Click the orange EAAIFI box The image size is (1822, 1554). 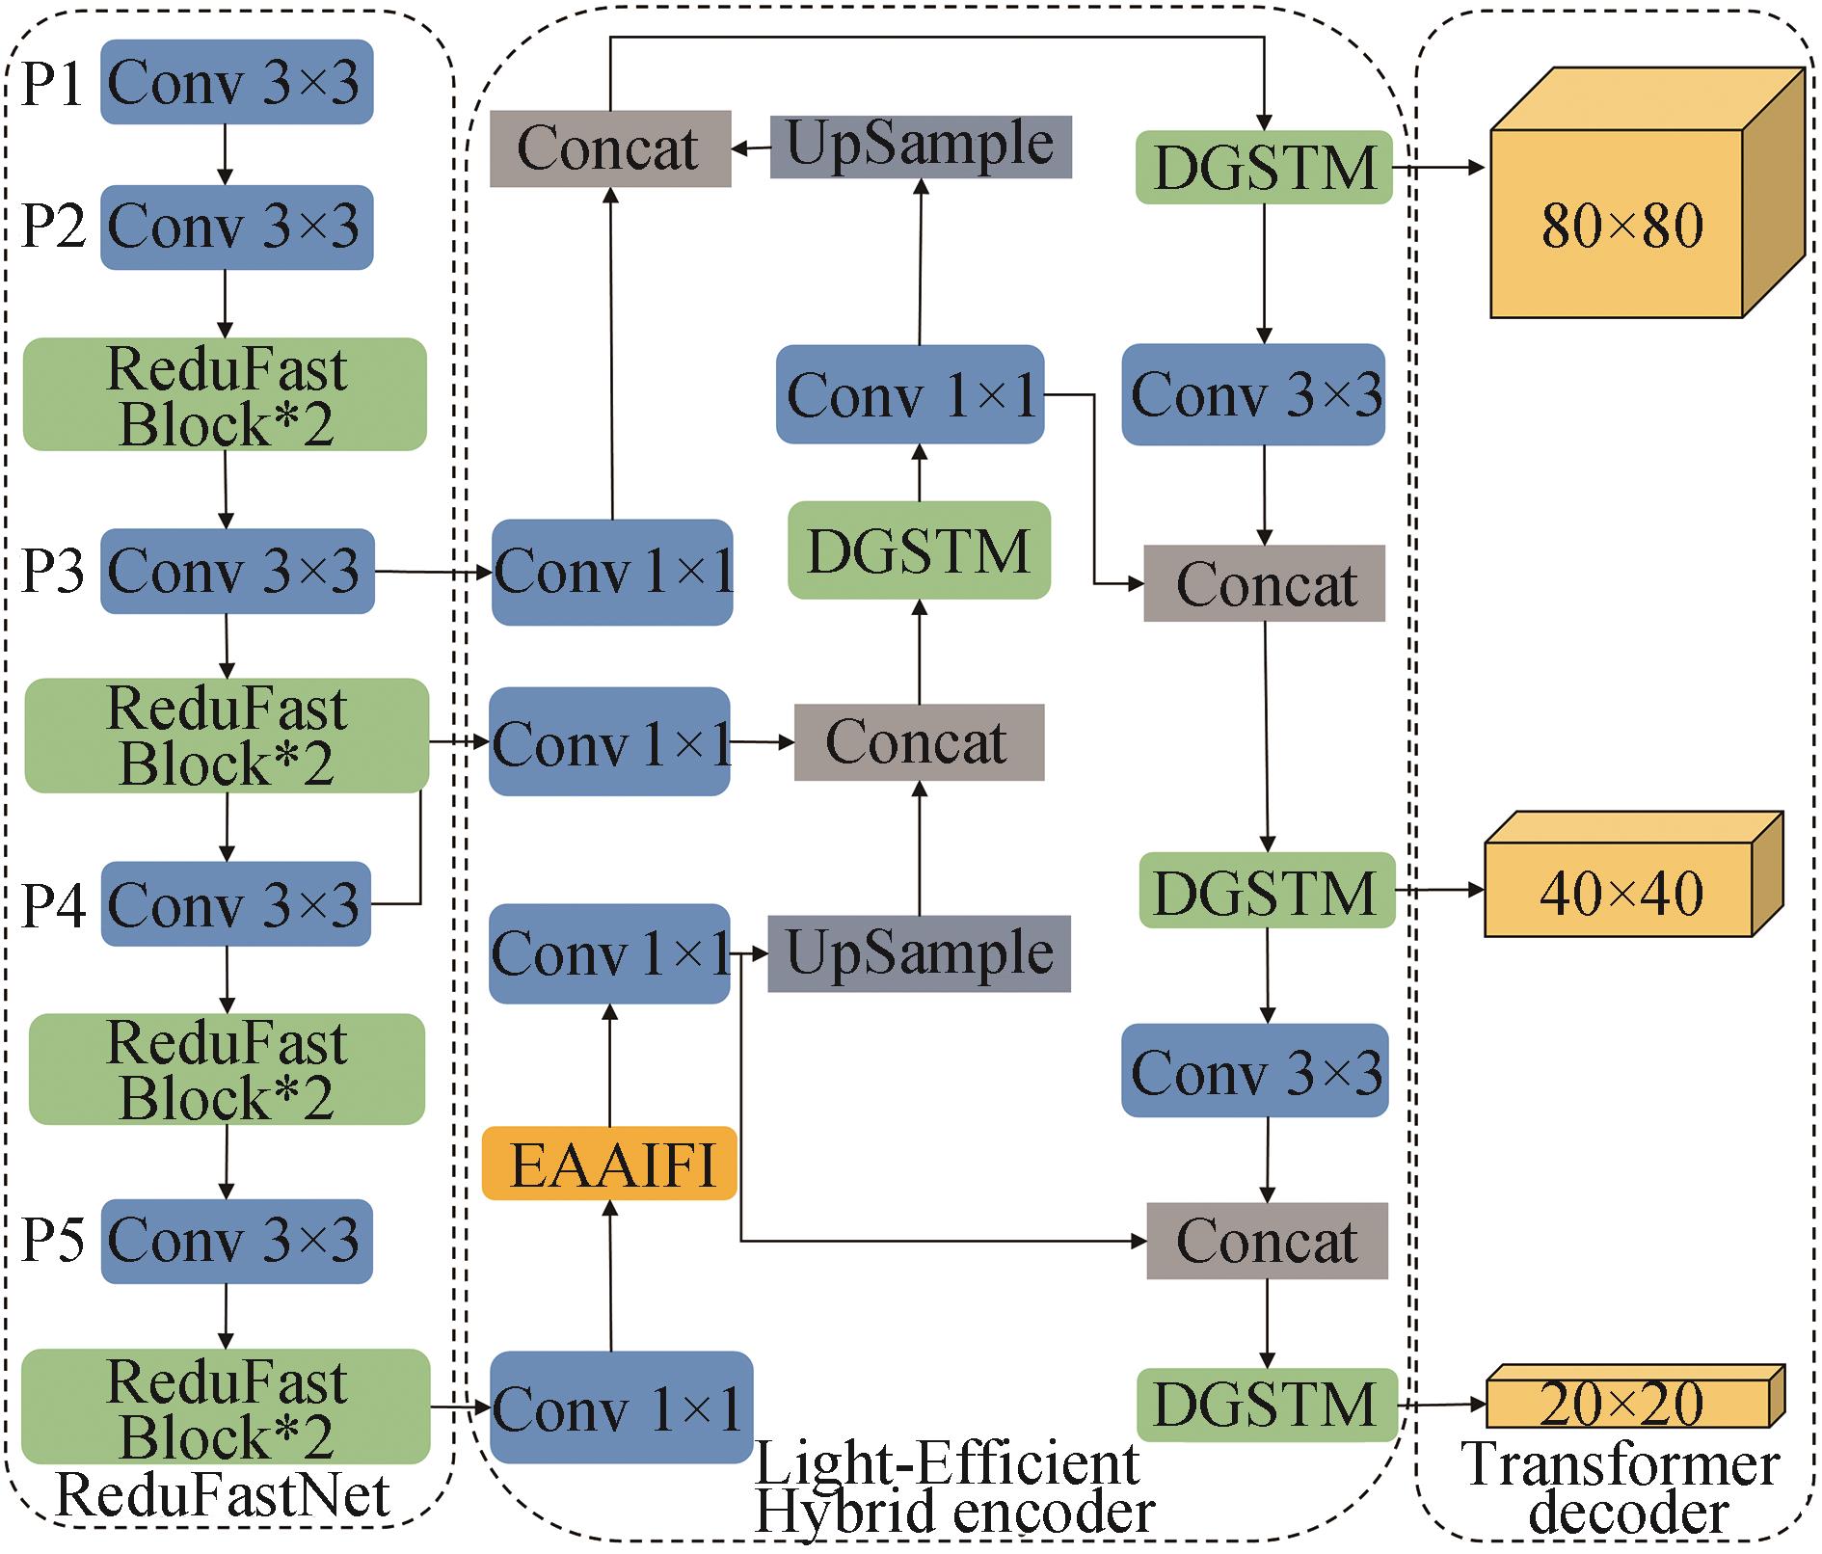pyautogui.click(x=609, y=1164)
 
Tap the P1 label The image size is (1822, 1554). pyautogui.click(x=53, y=83)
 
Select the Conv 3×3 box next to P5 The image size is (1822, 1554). pyautogui.click(x=236, y=1240)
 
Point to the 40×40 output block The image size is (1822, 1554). pyautogui.click(x=1620, y=892)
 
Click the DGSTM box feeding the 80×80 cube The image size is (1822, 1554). pyautogui.click(x=1264, y=168)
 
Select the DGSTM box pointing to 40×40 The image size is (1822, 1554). pyautogui.click(x=1267, y=891)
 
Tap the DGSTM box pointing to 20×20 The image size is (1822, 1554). pyautogui.click(x=1267, y=1404)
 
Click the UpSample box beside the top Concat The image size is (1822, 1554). pyautogui.click(x=920, y=147)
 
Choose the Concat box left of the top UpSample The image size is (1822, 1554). pyautogui.click(x=609, y=148)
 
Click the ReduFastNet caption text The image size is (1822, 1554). pyautogui.click(x=223, y=1496)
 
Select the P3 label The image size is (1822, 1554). pyautogui.click(x=53, y=571)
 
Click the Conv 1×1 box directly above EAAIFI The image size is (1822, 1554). pyautogui.click(x=609, y=953)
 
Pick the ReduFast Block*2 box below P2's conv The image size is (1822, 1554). pyautogui.click(x=225, y=394)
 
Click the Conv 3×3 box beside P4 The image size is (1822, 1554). pyautogui.click(x=236, y=904)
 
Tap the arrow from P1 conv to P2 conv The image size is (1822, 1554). pyautogui.click(x=225, y=154)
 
